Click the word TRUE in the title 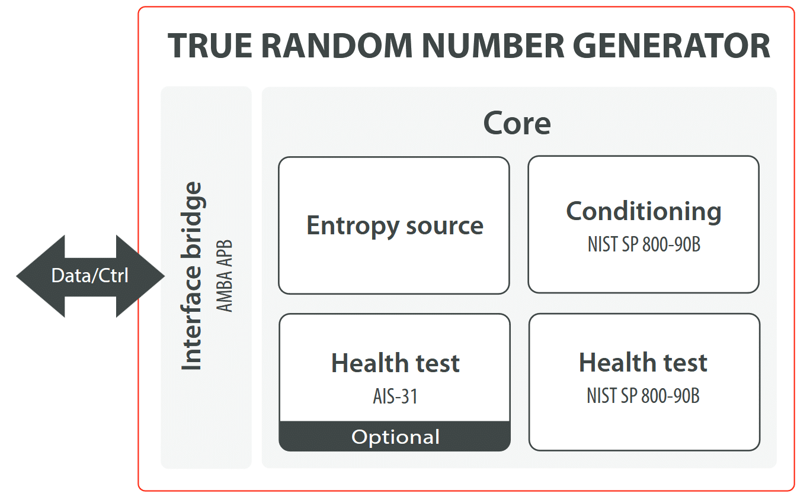coord(210,46)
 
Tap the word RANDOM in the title coord(337,46)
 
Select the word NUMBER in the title coord(493,46)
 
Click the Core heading coord(517,123)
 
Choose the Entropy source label coord(395,226)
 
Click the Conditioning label coord(643,212)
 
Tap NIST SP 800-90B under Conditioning coord(644,244)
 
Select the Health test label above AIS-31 coord(395,363)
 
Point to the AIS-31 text coord(395,396)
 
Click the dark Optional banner coord(395,436)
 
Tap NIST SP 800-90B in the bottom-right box coord(643,395)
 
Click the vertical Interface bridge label coord(191,276)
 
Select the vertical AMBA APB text coord(224,276)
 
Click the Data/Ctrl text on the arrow coord(89,276)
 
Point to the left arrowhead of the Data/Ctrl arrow coord(17,276)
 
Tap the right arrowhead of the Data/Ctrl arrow coord(165,276)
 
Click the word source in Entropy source coord(444,227)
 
